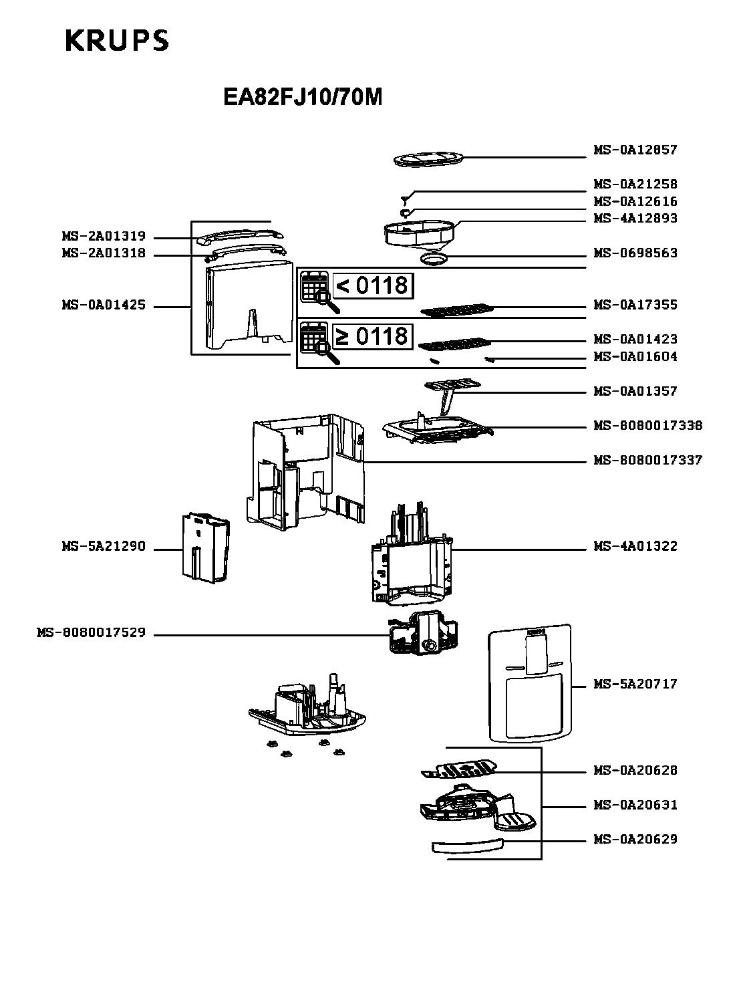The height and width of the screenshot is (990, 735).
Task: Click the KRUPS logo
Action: [116, 41]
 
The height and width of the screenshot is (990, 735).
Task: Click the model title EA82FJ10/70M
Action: [303, 98]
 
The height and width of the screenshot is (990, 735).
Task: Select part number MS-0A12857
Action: [635, 150]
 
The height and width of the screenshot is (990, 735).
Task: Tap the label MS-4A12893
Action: [635, 218]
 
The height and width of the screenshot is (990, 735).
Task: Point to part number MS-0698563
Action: [635, 253]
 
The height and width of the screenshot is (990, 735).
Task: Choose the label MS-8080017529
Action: [91, 632]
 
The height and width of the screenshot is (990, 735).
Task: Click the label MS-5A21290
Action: [104, 546]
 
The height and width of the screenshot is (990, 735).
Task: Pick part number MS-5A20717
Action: [635, 684]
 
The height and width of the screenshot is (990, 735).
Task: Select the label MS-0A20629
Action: [635, 839]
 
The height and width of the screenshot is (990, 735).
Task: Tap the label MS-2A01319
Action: [104, 237]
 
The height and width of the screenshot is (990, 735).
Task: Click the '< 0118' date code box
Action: [372, 285]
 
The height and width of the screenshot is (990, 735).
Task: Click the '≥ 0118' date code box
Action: [372, 336]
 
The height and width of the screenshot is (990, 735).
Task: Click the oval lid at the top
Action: [428, 159]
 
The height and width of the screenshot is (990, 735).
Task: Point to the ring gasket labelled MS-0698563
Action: [433, 257]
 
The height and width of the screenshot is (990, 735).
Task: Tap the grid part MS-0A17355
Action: [458, 310]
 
